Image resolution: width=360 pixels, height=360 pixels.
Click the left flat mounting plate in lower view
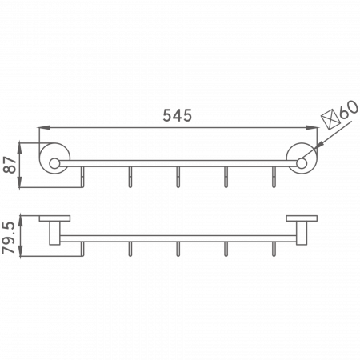(x=54, y=218)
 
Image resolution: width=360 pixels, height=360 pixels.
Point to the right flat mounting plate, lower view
(x=302, y=218)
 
